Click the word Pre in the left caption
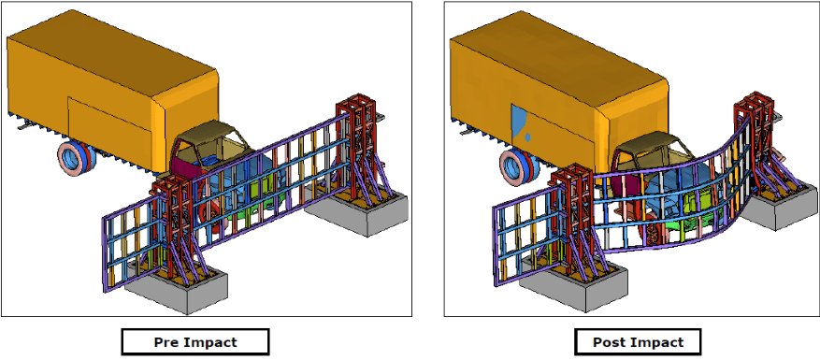click(165, 343)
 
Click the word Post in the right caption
click(608, 343)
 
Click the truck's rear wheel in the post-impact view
click(518, 167)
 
